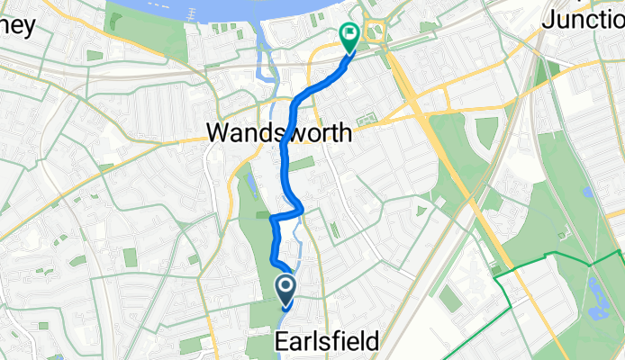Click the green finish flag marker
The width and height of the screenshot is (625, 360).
point(349,35)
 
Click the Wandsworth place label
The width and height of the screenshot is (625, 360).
point(279,133)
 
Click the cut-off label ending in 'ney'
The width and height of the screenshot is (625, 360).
point(17,25)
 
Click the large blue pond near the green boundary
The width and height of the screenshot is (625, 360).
point(595,296)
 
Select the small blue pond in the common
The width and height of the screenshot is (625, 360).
point(587,192)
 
